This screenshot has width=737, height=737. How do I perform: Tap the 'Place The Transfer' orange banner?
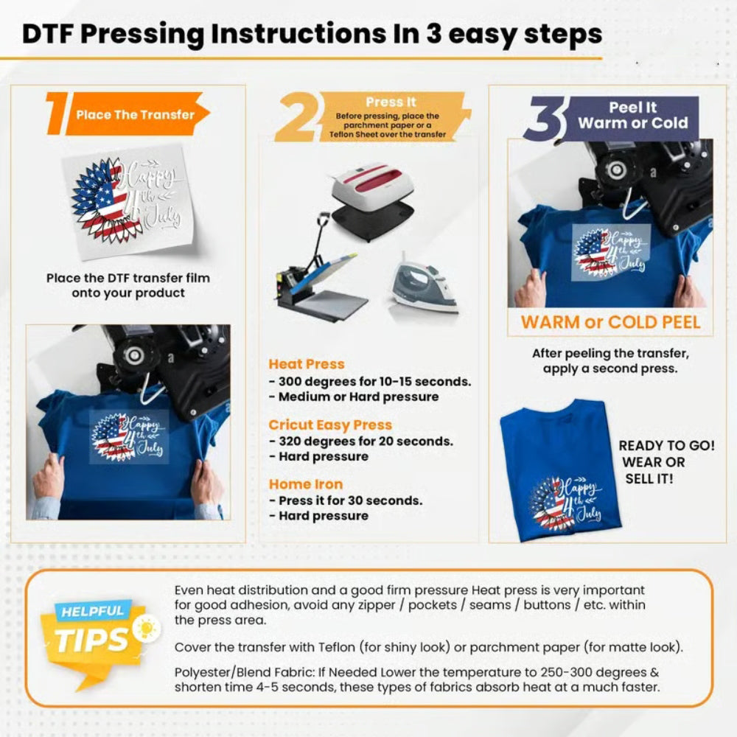point(136,114)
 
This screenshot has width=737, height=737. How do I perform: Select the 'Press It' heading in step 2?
point(390,102)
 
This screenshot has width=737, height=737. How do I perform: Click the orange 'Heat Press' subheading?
point(306,364)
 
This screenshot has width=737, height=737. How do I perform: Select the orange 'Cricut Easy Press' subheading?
point(329,425)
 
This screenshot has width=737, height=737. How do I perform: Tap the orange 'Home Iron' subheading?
point(305,484)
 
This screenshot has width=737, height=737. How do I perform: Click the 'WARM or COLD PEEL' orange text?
point(610,322)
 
